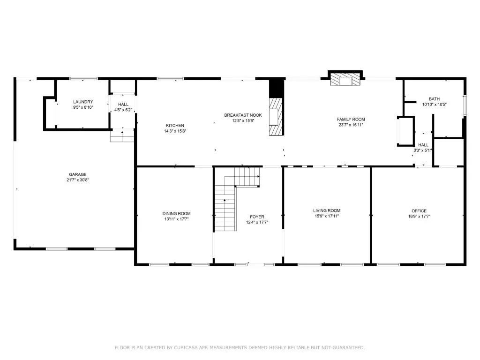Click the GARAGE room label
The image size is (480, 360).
78,174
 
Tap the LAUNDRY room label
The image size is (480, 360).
83,102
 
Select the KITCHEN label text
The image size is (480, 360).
174,125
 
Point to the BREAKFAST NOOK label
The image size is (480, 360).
243,115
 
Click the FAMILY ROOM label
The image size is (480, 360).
351,120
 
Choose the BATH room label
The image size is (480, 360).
434,99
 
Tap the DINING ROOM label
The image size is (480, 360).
177,214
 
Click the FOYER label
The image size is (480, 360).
257,217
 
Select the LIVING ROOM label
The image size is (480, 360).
327,211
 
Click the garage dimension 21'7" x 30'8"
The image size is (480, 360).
78,180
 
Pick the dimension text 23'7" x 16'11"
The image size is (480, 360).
351,125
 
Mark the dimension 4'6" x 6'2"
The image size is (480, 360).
123,110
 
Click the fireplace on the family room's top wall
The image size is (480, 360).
345,80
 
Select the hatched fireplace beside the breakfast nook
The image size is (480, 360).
276,117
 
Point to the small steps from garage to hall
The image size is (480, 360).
122,136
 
